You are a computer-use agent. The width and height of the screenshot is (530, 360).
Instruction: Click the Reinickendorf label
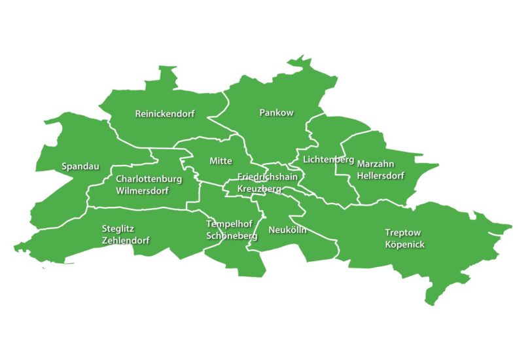pos(165,113)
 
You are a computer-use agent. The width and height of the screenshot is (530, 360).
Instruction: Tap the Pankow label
pos(277,113)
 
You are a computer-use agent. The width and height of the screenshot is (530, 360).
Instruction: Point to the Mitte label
pos(221,161)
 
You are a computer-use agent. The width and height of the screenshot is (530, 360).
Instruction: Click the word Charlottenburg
pos(149,179)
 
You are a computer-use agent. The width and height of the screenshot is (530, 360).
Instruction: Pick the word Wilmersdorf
pos(142,191)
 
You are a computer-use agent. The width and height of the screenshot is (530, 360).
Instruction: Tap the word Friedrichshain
pos(268,177)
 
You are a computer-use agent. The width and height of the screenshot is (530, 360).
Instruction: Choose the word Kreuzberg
pos(259,189)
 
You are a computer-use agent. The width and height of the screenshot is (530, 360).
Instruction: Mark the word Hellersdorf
pos(380,175)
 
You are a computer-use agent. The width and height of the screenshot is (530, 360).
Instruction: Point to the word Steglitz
pos(120,228)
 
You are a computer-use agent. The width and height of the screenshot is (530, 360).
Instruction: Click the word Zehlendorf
pos(126,240)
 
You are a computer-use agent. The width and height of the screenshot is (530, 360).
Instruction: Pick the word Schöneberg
pos(227,236)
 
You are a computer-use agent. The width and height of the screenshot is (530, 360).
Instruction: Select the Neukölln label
pos(287,230)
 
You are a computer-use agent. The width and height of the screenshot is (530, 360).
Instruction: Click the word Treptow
pos(403,232)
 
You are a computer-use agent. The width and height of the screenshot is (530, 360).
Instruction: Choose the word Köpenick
pos(405,244)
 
